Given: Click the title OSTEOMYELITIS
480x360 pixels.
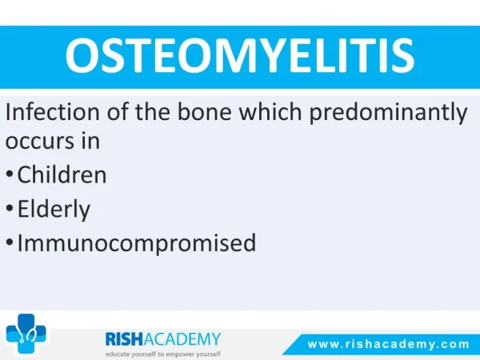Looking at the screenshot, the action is point(240,55).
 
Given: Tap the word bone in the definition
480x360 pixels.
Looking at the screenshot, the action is point(205,112).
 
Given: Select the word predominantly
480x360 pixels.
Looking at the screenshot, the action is point(388,114).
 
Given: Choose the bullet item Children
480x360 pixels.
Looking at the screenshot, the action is point(62,174).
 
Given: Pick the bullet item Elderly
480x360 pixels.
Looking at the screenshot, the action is point(54,210).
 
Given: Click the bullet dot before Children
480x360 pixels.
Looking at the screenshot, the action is point(10,174).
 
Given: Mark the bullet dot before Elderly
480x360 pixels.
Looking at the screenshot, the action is point(10,208).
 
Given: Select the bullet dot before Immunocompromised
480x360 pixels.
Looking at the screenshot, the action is point(10,242).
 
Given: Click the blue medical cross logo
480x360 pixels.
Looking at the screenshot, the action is point(26,334).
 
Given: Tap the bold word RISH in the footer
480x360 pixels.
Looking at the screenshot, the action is point(124,339).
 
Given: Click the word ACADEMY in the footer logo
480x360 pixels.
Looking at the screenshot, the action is point(182,339).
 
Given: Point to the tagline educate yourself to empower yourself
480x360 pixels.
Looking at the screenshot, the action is point(163,354).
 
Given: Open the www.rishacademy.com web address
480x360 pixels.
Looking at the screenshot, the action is point(388,344).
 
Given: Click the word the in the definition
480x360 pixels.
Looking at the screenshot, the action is point(153,112).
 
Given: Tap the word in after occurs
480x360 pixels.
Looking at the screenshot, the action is point(90,141).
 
